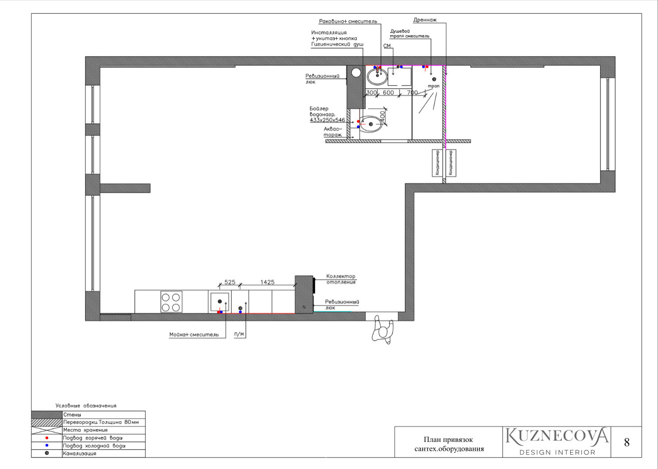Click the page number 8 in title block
[x=627, y=442]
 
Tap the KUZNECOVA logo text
[x=557, y=436]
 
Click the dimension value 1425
[x=267, y=282]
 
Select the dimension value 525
[x=230, y=282]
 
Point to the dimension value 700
[x=412, y=93]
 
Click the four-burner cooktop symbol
[x=171, y=302]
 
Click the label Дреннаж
[x=425, y=20]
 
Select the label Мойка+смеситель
[x=194, y=335]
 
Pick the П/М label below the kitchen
[x=239, y=334]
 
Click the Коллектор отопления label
[x=341, y=279]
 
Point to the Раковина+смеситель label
[x=348, y=21]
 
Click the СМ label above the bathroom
[x=387, y=46]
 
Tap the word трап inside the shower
[x=434, y=86]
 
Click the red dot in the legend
[x=47, y=438]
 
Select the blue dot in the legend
[x=47, y=446]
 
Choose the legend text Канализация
[x=80, y=453]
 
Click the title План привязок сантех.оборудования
[x=448, y=444]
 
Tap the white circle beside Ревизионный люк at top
[x=356, y=72]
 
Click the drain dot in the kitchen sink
[x=219, y=301]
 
